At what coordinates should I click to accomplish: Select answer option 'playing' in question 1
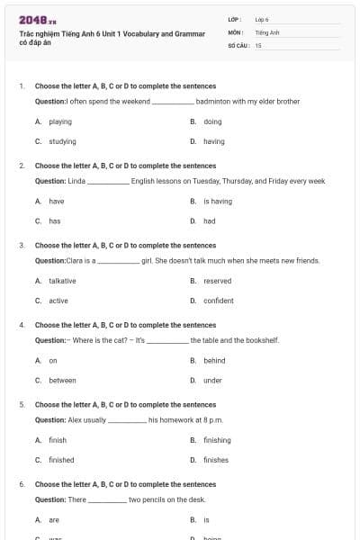point(60,121)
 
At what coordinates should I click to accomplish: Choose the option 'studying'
point(62,141)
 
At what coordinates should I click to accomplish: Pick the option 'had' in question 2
point(210,220)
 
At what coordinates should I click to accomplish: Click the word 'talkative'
point(62,281)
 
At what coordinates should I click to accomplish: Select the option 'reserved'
point(218,281)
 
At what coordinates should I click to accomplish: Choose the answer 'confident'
point(219,301)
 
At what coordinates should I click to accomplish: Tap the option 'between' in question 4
point(62,381)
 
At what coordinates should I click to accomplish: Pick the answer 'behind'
point(214,361)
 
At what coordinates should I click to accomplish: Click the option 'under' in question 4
point(212,381)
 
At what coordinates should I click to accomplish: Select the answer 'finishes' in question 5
point(216,460)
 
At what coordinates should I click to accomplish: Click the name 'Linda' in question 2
point(76,181)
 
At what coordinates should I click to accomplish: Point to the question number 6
point(21,484)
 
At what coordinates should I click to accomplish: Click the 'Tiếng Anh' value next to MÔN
point(267,31)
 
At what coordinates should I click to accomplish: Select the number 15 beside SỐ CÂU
point(258,44)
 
